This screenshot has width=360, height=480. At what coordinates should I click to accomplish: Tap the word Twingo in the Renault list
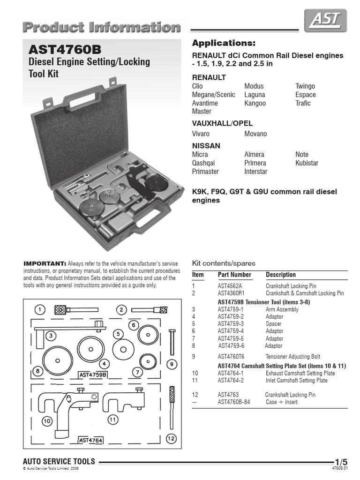(x=305, y=86)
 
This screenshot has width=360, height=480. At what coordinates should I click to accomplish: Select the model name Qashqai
(x=205, y=163)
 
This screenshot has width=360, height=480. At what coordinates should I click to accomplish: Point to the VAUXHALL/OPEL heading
(x=222, y=123)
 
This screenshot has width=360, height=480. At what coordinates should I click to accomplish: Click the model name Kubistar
(x=307, y=163)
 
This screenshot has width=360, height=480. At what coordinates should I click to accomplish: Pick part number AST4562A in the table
(x=233, y=286)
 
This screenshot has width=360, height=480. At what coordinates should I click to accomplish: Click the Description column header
(x=281, y=275)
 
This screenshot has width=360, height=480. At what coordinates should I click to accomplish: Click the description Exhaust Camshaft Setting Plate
(x=300, y=373)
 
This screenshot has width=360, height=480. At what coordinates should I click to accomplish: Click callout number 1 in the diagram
(x=41, y=309)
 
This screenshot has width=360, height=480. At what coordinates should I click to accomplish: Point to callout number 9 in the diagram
(x=172, y=364)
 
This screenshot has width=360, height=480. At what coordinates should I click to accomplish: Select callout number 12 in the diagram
(x=170, y=439)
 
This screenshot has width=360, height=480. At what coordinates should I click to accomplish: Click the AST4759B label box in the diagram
(x=93, y=375)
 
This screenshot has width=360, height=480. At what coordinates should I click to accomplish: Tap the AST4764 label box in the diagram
(x=91, y=440)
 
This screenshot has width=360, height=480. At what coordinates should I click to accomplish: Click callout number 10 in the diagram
(x=47, y=421)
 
